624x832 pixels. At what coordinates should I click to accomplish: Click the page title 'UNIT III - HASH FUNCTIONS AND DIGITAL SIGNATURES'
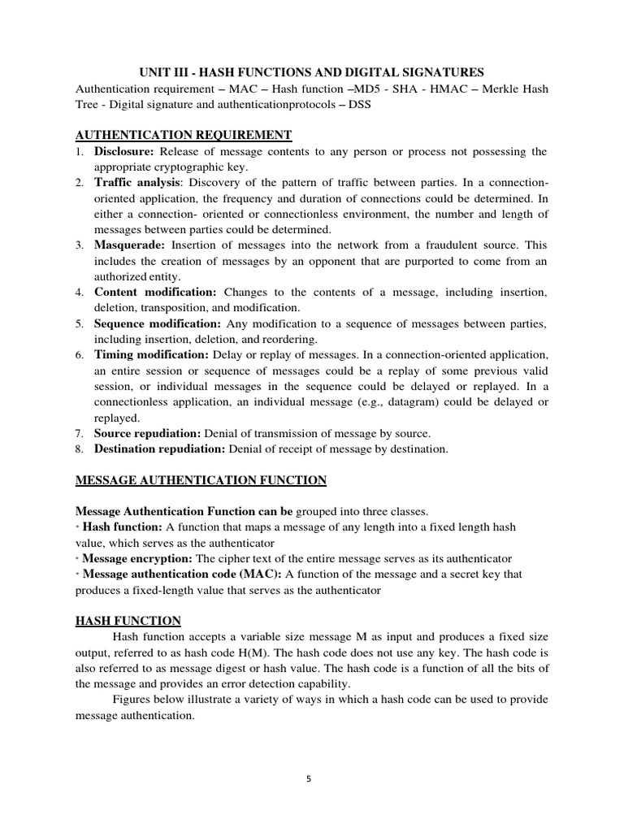[311, 73]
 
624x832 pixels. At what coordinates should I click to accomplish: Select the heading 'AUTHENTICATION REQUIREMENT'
[184, 135]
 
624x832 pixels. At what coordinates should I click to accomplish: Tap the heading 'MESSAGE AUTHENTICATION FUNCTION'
[201, 480]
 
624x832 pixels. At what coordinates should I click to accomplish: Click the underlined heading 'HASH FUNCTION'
[128, 620]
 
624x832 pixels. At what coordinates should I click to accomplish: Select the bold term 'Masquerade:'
[130, 244]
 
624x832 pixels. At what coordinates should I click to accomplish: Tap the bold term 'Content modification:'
[155, 292]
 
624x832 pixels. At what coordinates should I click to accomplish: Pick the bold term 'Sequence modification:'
[158, 323]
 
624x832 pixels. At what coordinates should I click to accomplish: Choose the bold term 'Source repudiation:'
[148, 433]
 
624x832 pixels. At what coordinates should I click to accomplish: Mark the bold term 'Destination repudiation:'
[161, 448]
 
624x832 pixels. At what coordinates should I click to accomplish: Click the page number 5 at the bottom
[309, 778]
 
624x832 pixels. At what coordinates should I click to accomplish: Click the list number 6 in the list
[79, 355]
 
